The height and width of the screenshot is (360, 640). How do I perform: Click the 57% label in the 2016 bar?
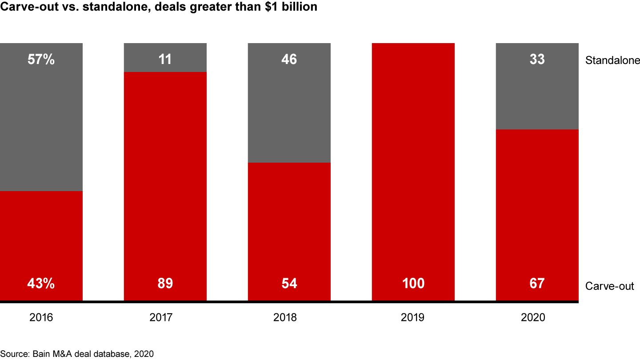(x=41, y=59)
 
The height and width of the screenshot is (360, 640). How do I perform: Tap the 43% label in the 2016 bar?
(x=41, y=284)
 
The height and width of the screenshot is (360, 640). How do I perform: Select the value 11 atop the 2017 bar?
(x=165, y=59)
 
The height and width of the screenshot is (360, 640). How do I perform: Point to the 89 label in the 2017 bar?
(x=165, y=284)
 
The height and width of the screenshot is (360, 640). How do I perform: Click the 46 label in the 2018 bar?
(x=289, y=59)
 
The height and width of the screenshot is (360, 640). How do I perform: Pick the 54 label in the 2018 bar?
(x=289, y=284)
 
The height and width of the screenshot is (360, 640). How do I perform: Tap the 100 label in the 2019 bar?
(x=413, y=284)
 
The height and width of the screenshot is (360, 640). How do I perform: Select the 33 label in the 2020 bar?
(x=537, y=59)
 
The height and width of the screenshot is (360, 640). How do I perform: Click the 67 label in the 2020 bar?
(x=537, y=284)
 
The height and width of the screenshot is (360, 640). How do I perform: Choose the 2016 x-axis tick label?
(x=41, y=318)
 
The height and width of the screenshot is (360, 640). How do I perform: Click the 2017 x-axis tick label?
(x=165, y=318)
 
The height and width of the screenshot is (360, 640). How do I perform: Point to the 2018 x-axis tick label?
(x=289, y=318)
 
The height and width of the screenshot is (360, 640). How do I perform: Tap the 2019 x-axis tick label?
(x=413, y=318)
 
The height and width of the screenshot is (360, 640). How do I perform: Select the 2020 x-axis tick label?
(x=537, y=318)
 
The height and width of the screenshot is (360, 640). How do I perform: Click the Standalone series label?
(x=612, y=60)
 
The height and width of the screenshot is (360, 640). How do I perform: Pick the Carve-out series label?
(x=610, y=286)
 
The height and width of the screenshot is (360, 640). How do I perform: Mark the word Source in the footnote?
(x=13, y=354)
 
